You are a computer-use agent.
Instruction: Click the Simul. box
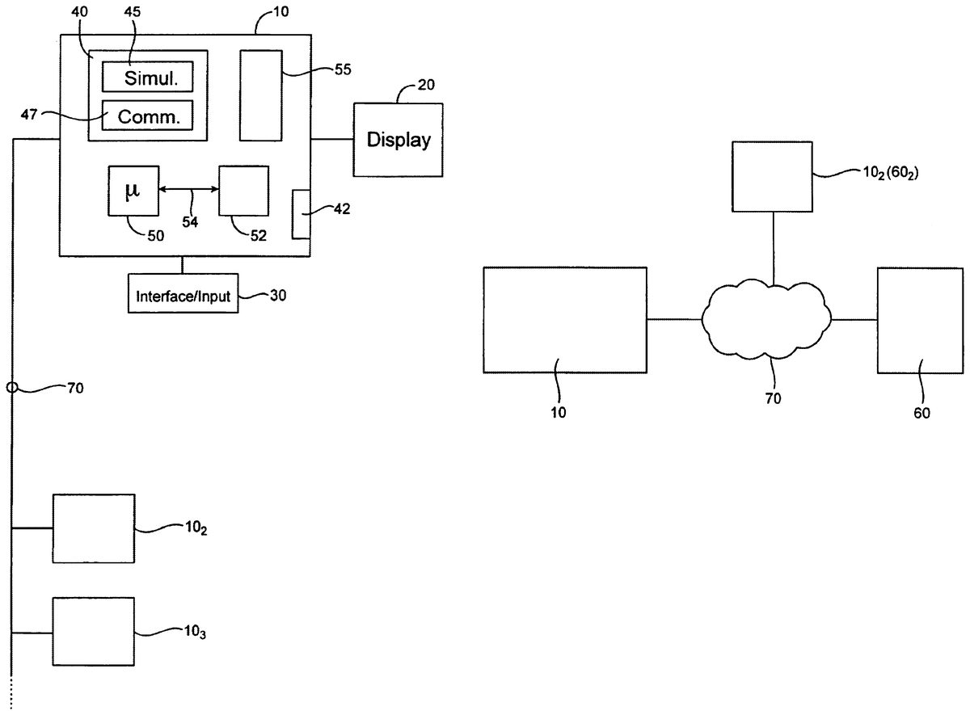(x=148, y=78)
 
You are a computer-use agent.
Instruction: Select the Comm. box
(x=148, y=115)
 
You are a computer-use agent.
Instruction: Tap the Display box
(x=399, y=140)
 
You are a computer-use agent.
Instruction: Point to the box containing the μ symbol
(x=133, y=191)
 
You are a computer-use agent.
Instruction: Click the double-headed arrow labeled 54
(x=189, y=190)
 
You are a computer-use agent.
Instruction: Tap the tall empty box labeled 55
(x=261, y=95)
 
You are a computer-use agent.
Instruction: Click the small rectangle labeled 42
(x=301, y=214)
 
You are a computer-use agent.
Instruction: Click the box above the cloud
(x=773, y=176)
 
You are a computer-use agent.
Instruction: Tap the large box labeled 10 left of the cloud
(x=564, y=319)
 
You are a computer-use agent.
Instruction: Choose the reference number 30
(x=277, y=296)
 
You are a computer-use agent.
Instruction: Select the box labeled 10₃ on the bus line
(x=93, y=631)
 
